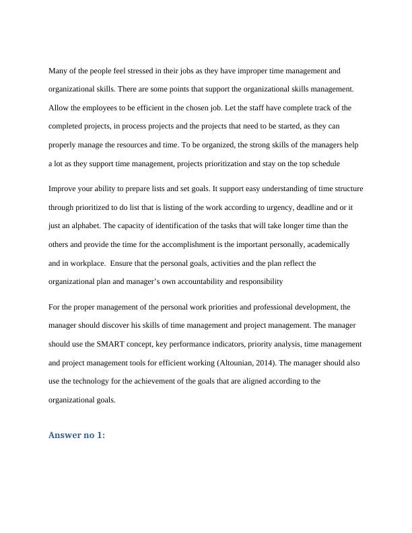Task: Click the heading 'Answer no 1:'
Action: pos(77,436)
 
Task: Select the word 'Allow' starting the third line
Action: pos(59,108)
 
